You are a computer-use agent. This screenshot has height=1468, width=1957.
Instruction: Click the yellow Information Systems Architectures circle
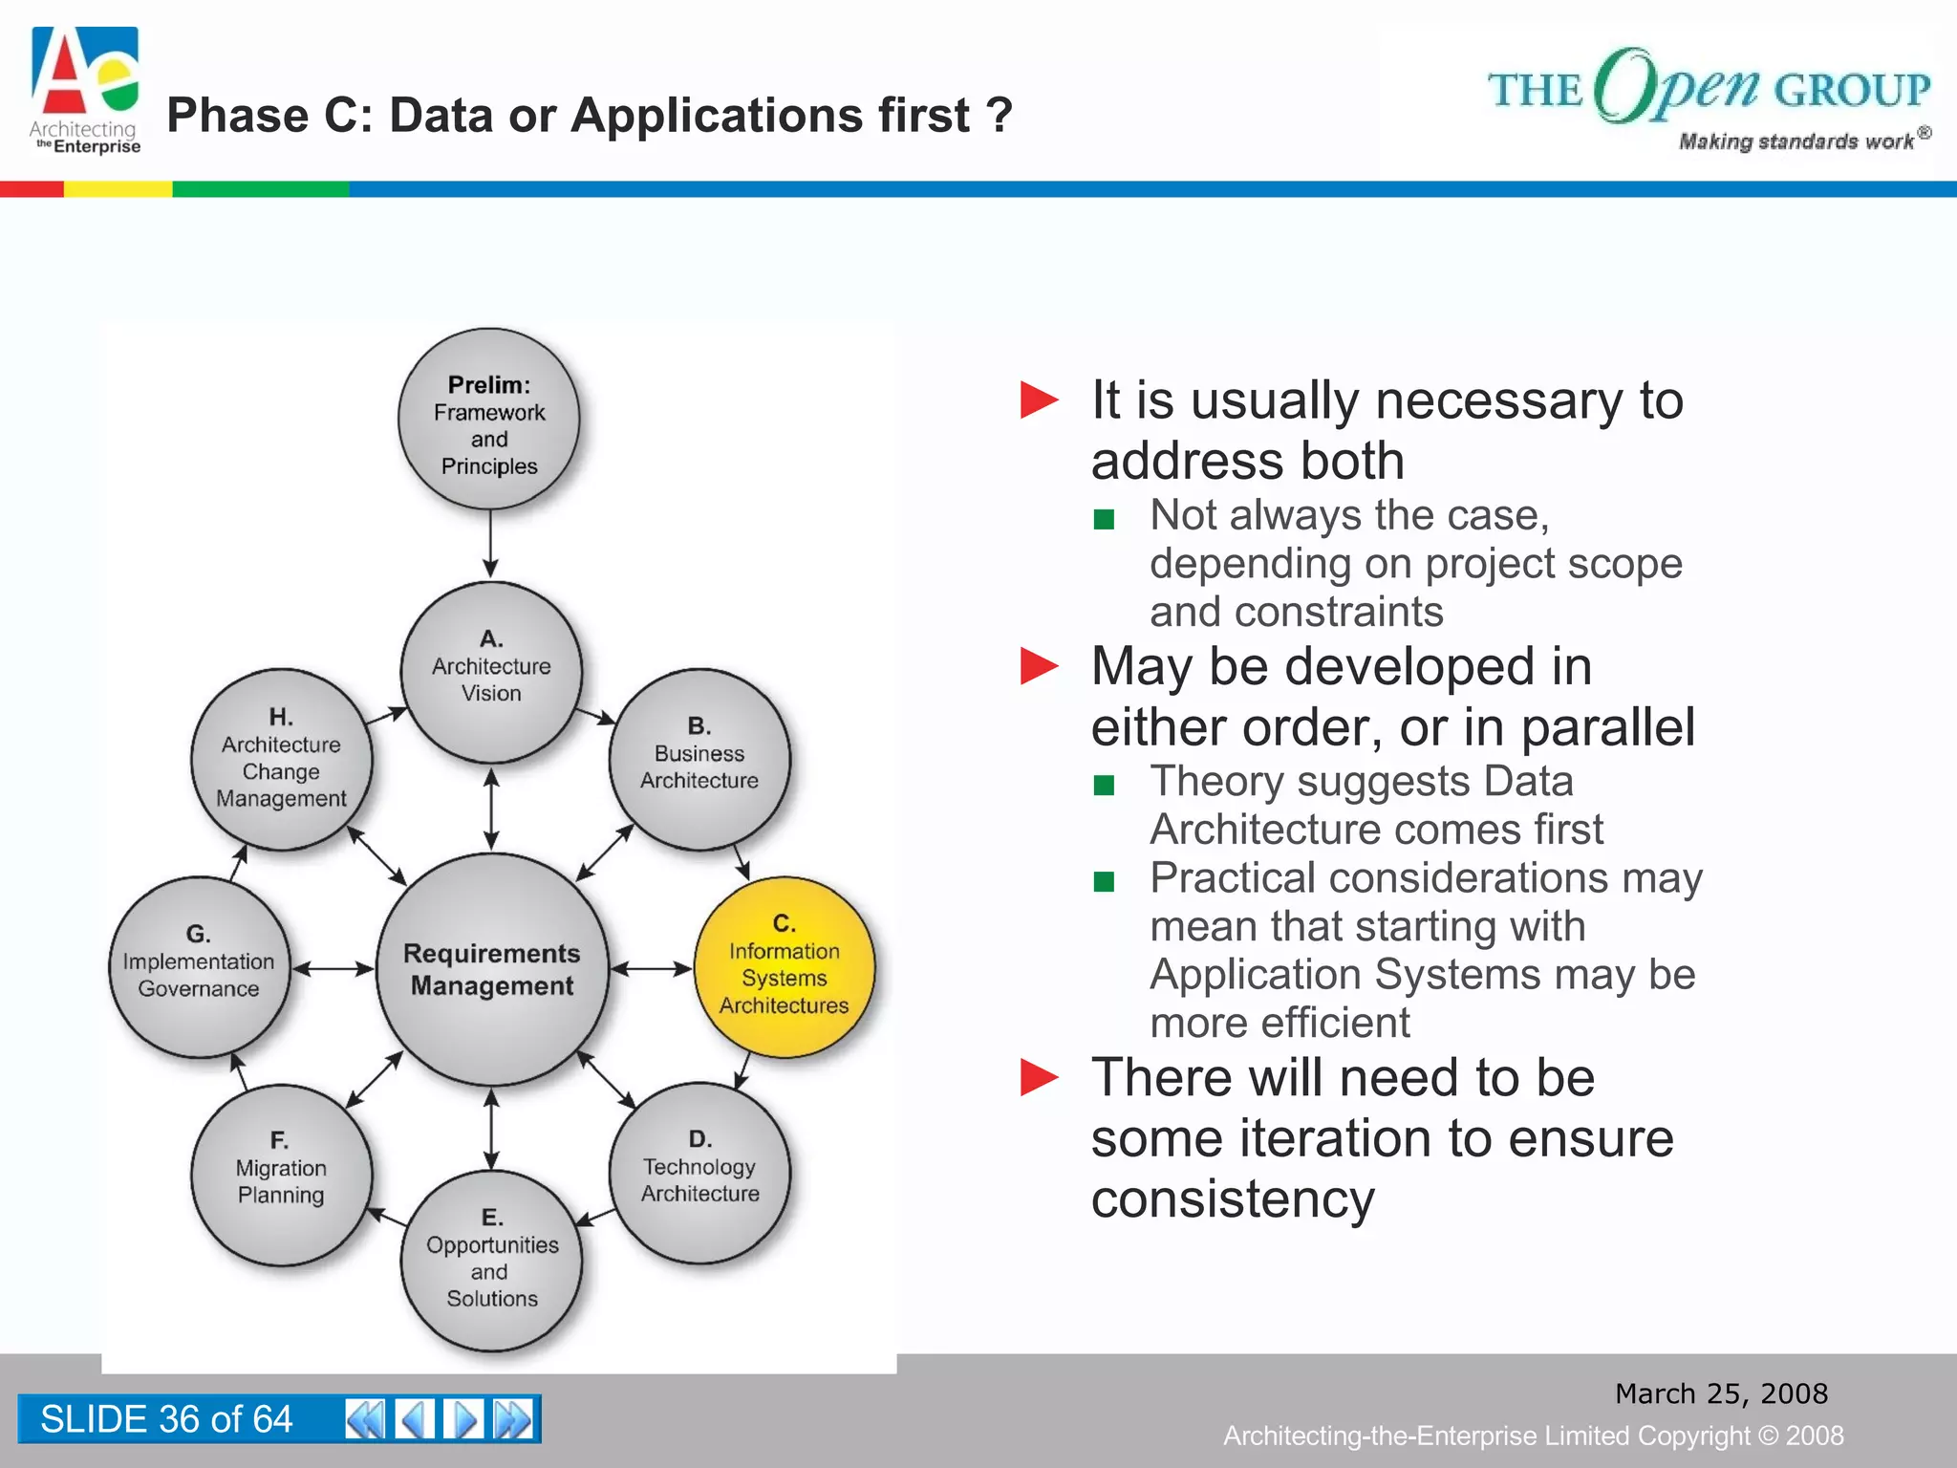tap(784, 966)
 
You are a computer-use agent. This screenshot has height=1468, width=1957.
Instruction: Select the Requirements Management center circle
tap(492, 969)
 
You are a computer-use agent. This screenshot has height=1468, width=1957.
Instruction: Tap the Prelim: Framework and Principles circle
tap(489, 420)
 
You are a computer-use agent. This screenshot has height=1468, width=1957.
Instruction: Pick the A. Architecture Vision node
tap(491, 672)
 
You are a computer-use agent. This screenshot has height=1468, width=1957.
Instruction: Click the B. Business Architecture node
tap(699, 759)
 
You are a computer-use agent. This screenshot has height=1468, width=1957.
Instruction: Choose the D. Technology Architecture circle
tap(699, 1173)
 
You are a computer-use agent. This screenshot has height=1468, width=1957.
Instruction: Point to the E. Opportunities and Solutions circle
tap(491, 1260)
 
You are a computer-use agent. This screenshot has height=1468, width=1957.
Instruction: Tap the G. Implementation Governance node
tap(199, 966)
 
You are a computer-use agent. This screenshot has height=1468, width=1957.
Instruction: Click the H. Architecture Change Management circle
tap(281, 760)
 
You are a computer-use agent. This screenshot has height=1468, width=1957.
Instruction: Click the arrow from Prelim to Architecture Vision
tap(490, 545)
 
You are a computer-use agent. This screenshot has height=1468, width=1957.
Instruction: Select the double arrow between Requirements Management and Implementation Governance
tap(333, 969)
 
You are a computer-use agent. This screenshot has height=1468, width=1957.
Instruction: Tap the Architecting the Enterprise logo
tap(85, 91)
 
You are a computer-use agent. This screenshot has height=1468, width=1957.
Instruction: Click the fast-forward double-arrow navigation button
tap(513, 1418)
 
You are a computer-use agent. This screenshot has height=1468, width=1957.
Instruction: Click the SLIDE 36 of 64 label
tap(166, 1418)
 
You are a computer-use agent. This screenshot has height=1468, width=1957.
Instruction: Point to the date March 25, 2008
tap(1721, 1393)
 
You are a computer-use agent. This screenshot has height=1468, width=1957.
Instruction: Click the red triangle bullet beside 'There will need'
tap(1039, 1077)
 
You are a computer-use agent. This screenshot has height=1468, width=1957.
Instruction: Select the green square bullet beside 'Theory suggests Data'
tap(1104, 786)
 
